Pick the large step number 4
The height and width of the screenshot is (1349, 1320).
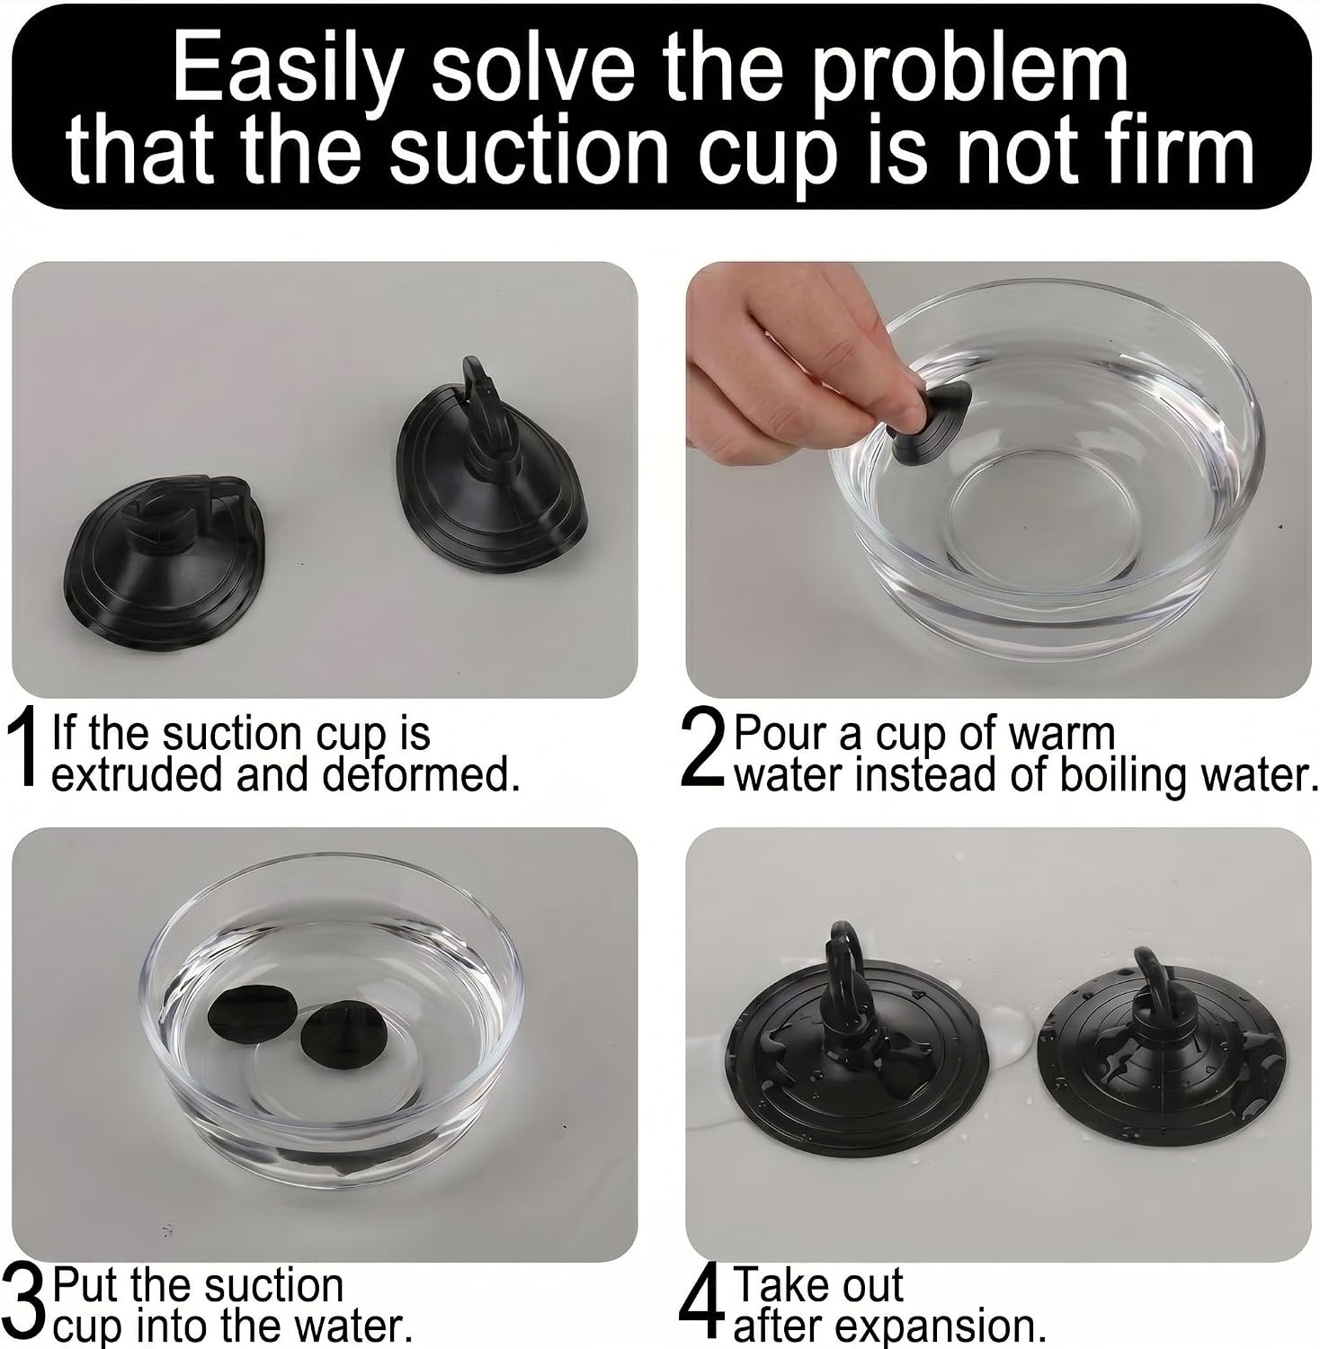click(x=702, y=1303)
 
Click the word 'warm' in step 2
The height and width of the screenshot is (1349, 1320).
click(x=1061, y=735)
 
